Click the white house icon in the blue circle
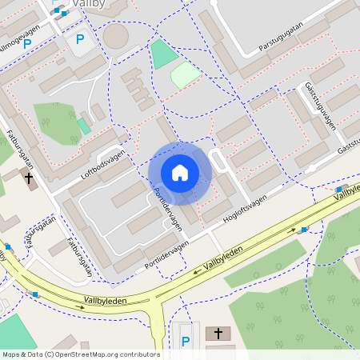tap(180, 172)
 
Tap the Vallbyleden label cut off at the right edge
tap(347, 193)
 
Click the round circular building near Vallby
tap(116, 36)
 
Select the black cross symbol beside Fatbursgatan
tap(30, 178)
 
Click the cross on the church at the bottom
tap(218, 333)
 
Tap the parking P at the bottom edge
tap(186, 342)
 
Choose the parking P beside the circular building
tap(79, 38)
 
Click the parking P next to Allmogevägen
tap(26, 44)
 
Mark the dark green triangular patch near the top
tap(163, 55)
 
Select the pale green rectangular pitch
tap(185, 76)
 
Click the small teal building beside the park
tap(84, 126)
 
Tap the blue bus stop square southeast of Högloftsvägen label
tap(304, 230)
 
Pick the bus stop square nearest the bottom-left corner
tap(34, 294)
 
